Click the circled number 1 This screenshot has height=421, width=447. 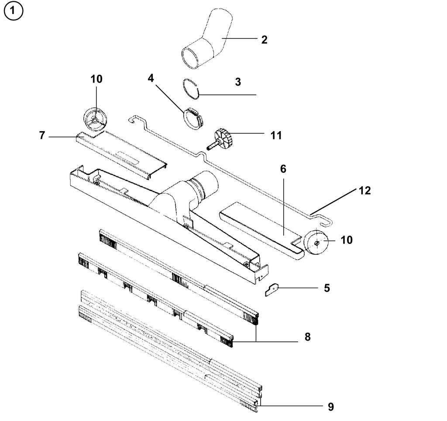(x=13, y=13)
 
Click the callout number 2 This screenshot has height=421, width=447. (x=264, y=40)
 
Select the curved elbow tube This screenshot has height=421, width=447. (x=206, y=42)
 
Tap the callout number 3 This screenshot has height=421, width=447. (x=238, y=82)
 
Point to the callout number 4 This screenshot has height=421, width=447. (x=151, y=78)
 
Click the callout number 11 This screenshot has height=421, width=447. (x=276, y=136)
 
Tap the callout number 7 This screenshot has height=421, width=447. (x=42, y=136)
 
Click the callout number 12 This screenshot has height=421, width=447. (x=364, y=191)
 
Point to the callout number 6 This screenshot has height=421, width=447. (x=283, y=169)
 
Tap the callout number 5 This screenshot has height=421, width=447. (x=327, y=288)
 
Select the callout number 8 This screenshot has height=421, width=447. (x=307, y=337)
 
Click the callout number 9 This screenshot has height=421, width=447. (x=330, y=407)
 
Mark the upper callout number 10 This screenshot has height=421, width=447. (x=96, y=79)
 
